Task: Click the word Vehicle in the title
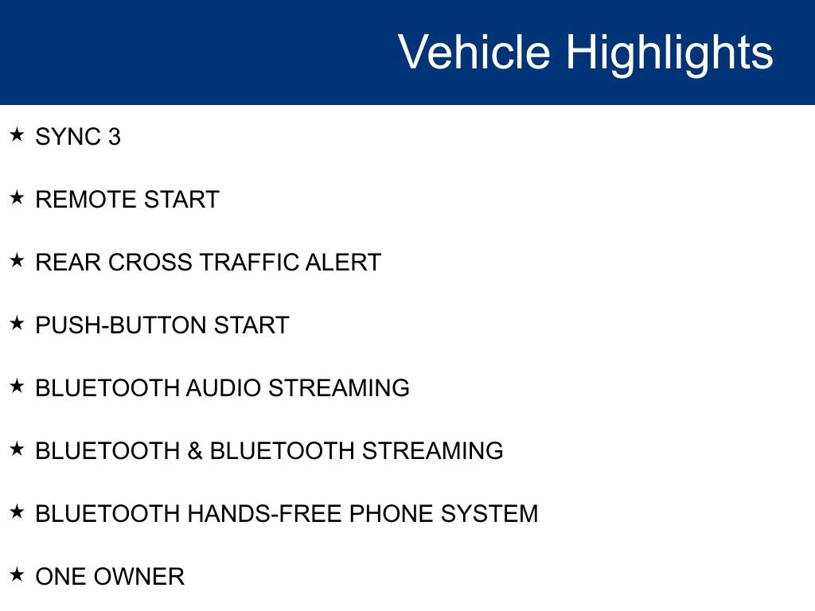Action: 474,53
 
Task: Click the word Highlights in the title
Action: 669,53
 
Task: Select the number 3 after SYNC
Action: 114,137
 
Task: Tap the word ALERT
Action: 343,263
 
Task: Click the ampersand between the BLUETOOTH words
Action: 195,451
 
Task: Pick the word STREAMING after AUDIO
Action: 338,388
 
